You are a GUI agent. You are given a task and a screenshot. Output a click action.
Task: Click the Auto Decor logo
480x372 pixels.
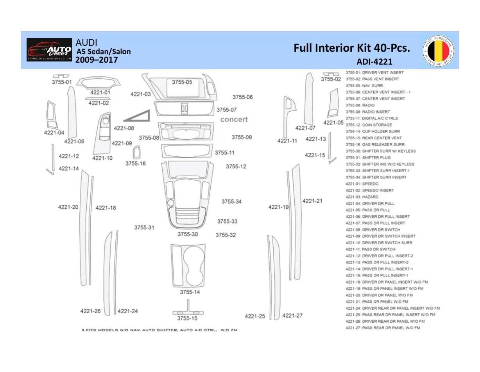point(49,50)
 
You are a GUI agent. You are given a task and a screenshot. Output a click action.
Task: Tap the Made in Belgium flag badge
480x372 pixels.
point(438,50)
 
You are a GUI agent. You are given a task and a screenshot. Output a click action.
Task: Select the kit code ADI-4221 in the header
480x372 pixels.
point(374,61)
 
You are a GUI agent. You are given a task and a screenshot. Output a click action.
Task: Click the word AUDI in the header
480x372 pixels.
point(86,42)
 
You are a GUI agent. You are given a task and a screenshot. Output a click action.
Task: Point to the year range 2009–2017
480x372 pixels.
point(96,60)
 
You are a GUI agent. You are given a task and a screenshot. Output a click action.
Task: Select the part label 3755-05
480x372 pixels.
point(182,82)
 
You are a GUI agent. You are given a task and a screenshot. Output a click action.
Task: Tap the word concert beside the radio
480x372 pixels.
point(234,119)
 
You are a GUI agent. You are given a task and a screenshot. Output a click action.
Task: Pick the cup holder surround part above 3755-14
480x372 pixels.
point(188,265)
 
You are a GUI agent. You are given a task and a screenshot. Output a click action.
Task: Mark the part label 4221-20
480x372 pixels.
point(68,207)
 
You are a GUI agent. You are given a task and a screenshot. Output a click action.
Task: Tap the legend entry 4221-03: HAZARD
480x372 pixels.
point(362,197)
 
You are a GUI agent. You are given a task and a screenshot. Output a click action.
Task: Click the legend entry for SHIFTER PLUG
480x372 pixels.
point(368,157)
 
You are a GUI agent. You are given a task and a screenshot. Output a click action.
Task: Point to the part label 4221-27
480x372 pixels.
point(292,316)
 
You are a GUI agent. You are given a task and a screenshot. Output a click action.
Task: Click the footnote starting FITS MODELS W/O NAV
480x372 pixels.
point(160,330)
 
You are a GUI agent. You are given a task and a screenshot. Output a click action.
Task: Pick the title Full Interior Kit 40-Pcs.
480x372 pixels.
point(351,48)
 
